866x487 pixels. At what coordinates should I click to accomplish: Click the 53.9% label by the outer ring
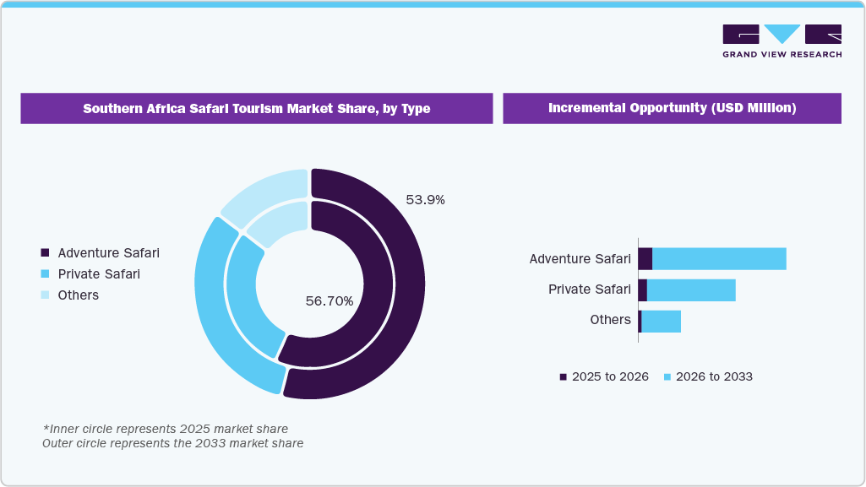click(425, 200)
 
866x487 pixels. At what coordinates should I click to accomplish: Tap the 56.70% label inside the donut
click(329, 300)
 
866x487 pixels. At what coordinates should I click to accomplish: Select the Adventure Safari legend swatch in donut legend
click(45, 253)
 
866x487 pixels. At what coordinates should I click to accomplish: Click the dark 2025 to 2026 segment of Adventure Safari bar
click(645, 259)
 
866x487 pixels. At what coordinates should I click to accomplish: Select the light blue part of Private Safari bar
click(690, 290)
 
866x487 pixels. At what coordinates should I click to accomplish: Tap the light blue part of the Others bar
click(661, 321)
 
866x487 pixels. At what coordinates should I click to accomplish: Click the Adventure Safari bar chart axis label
click(580, 259)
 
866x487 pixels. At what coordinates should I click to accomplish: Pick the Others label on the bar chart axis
click(610, 320)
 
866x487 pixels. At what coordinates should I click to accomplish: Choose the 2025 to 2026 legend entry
click(603, 376)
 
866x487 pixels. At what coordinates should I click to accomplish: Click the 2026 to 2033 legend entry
click(707, 376)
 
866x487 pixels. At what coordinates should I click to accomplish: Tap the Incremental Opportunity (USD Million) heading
click(672, 109)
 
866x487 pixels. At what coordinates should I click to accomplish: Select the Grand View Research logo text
click(782, 55)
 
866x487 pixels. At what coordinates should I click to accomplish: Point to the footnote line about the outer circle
click(172, 443)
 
